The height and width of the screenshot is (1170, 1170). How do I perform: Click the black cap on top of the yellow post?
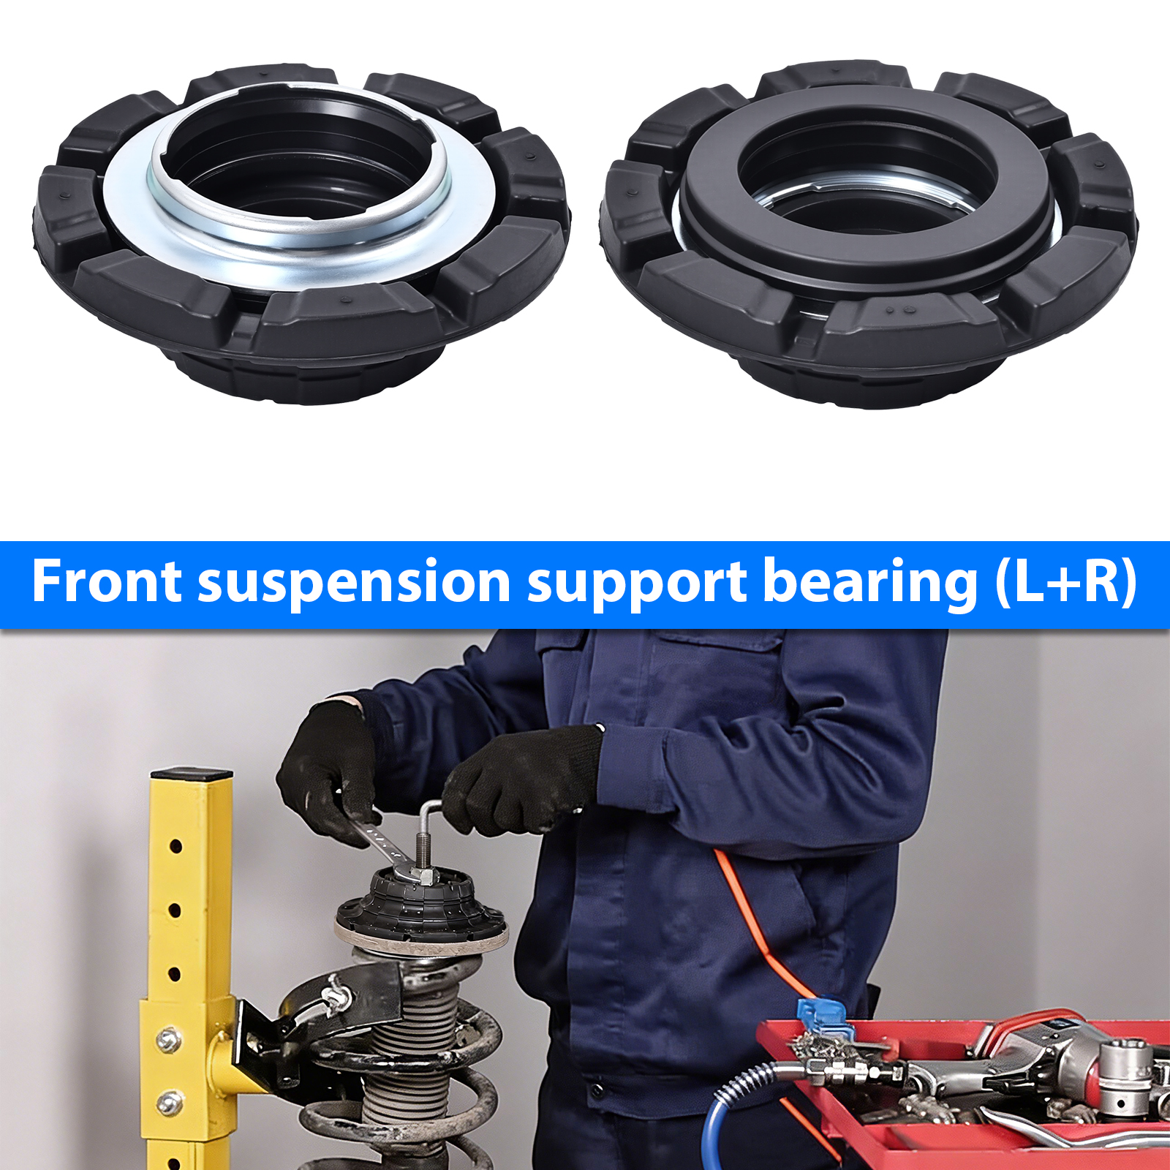coord(192,773)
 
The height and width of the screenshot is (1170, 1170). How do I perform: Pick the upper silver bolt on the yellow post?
coord(169,1039)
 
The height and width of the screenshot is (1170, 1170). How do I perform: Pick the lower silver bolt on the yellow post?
coord(169,1102)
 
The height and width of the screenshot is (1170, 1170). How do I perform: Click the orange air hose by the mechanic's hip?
coord(760,929)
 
